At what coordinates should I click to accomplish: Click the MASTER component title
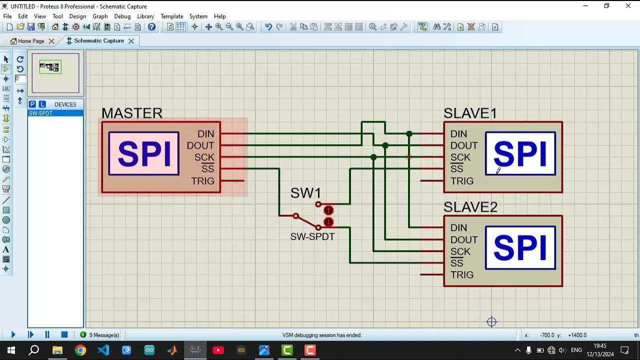[132, 113]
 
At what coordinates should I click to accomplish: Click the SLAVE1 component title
[470, 113]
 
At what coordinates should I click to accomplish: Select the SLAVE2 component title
[470, 207]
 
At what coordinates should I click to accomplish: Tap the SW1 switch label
[305, 193]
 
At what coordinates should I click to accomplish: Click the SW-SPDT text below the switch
[312, 236]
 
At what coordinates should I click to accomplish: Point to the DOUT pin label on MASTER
[200, 145]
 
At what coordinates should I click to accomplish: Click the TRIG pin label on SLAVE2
[461, 274]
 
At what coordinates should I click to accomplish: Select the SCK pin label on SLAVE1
[460, 157]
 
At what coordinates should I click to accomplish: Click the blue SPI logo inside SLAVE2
[520, 247]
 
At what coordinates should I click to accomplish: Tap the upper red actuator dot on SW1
[328, 210]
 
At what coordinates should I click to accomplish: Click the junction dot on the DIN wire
[409, 134]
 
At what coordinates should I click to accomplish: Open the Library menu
[145, 16]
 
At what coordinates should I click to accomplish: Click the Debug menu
[122, 16]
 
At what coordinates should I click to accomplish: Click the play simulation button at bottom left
[13, 334]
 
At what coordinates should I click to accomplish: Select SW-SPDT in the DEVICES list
[41, 113]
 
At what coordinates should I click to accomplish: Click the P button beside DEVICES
[32, 104]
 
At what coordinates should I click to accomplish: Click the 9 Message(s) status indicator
[99, 335]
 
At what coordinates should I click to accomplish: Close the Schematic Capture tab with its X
[131, 41]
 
